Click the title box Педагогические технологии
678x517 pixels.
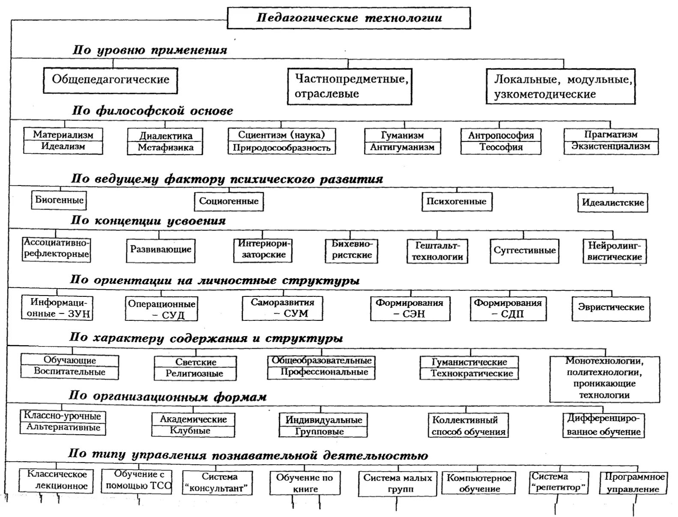349,18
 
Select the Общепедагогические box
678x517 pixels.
111,80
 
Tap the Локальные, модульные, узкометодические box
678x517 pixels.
561,87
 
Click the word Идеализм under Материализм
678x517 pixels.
63,146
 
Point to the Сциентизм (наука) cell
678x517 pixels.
281,135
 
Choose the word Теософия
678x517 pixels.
501,147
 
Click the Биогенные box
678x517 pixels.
59,200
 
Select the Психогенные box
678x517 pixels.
456,202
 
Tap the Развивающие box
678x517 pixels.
161,250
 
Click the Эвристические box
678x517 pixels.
611,308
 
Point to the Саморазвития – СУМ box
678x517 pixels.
282,308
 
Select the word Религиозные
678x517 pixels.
194,374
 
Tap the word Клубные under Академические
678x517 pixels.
190,431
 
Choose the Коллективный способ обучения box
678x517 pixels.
468,425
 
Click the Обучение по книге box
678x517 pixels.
305,483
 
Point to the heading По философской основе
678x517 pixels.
152,111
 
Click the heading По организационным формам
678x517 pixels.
167,396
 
